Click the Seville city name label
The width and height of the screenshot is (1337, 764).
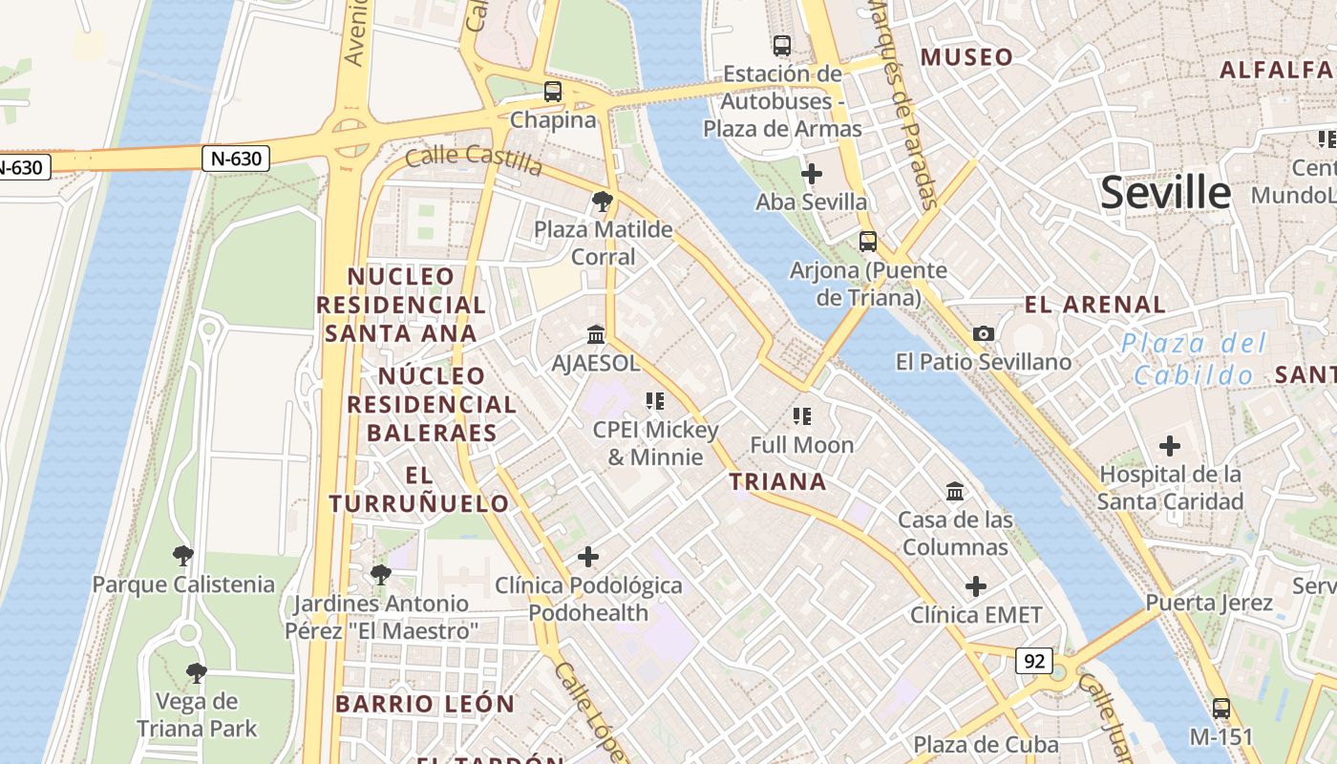tap(1165, 193)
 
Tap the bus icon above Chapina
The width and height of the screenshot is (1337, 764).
tap(553, 92)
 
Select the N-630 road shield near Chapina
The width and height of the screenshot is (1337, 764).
tap(235, 159)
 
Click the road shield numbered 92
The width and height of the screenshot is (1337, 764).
tap(1034, 661)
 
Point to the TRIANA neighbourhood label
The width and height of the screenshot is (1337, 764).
tap(778, 481)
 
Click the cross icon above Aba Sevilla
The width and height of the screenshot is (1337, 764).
tap(812, 174)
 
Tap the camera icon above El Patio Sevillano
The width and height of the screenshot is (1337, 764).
tap(984, 333)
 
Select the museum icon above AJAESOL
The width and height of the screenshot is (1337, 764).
tap(597, 334)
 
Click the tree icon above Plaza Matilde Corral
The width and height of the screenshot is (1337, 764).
tap(603, 201)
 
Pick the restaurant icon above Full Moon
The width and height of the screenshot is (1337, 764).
tap(801, 415)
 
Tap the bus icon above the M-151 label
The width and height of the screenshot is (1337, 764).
tap(1220, 709)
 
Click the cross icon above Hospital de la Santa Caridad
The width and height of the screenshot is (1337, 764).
tap(1170, 446)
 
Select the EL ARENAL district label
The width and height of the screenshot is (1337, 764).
tap(1095, 305)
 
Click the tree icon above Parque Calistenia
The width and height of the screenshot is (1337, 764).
tap(182, 555)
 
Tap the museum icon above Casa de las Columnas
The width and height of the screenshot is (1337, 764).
tap(955, 491)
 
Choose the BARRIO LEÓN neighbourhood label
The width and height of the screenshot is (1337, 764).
tap(425, 704)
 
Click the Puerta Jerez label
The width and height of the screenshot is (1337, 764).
tap(1209, 603)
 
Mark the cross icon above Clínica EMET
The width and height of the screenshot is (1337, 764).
tap(976, 585)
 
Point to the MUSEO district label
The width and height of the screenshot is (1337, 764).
tap(966, 57)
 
